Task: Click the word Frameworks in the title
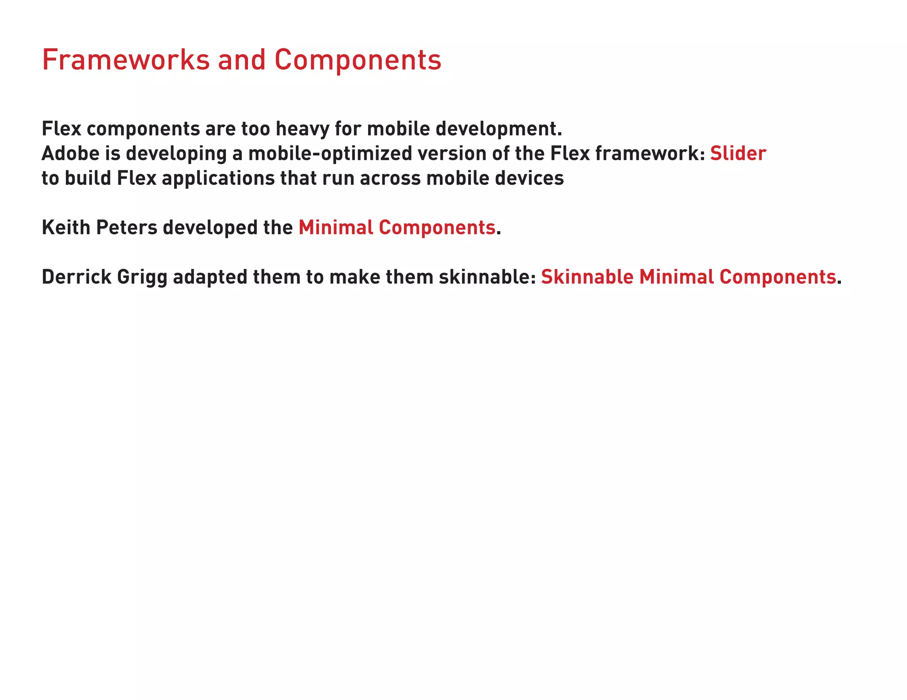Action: click(125, 60)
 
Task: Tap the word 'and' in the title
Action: click(241, 60)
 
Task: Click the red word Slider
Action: click(738, 154)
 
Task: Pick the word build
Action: click(88, 178)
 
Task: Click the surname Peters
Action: click(127, 227)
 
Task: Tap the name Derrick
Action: click(76, 277)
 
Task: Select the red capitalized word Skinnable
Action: click(587, 277)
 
